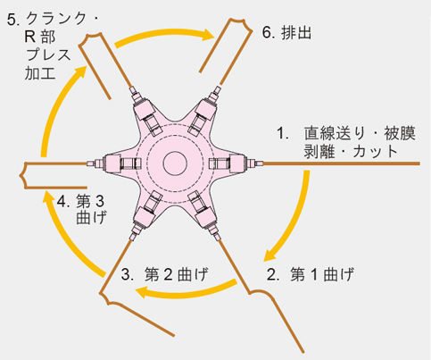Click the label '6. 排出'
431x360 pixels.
[x=286, y=32]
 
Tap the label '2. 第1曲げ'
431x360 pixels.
[x=311, y=274]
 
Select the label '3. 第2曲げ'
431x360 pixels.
[x=164, y=274]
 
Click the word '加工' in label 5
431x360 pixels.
[x=40, y=73]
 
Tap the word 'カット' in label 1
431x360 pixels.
[x=376, y=152]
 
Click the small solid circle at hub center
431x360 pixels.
[x=175, y=163]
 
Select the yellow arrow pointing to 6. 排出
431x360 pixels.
[x=164, y=37]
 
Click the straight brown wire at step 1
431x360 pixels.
[x=342, y=163]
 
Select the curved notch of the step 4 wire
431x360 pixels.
[x=22, y=175]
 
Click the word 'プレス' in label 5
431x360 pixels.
[x=48, y=54]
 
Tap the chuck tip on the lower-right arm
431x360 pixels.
[x=218, y=237]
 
